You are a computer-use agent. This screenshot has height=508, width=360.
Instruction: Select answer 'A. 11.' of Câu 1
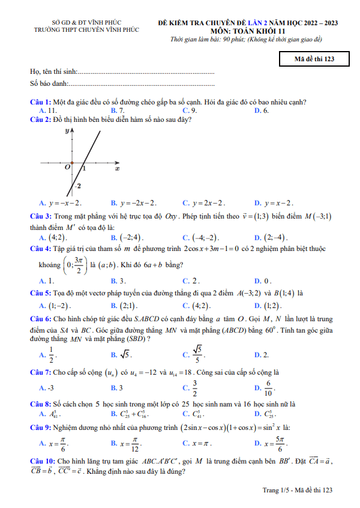click(47, 110)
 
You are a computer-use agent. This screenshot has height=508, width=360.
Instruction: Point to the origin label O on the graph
click(68, 168)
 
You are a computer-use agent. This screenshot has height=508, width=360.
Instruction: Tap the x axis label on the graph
click(117, 169)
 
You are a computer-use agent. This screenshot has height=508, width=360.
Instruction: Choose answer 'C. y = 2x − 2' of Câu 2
click(205, 203)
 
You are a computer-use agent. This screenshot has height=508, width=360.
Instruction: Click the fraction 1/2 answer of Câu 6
click(51, 355)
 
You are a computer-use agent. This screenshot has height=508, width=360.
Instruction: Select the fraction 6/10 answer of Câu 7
click(268, 387)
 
